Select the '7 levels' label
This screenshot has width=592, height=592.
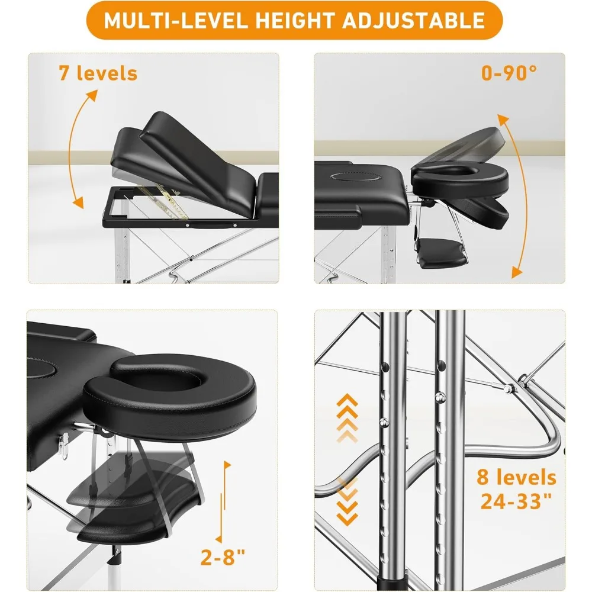[98, 73]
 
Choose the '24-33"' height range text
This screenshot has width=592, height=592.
[519, 502]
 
